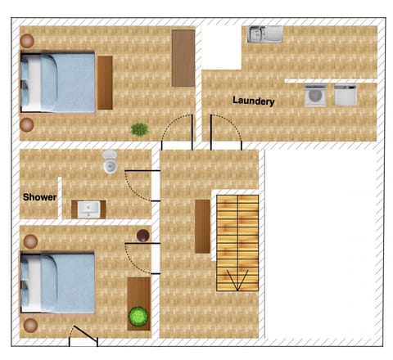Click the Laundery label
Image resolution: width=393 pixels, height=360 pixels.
254,101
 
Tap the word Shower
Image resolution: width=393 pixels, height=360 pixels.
40,197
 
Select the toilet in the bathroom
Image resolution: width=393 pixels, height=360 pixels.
110,162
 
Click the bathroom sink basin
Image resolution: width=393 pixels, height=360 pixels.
88,209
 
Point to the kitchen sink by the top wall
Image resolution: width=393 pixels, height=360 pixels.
264,34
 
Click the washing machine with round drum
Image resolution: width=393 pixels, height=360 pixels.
315,95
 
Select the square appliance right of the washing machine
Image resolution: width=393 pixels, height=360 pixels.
346,95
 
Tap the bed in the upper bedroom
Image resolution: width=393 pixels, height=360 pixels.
57,82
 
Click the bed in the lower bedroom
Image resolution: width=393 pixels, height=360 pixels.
57,282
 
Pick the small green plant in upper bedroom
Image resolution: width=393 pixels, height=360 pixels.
140,129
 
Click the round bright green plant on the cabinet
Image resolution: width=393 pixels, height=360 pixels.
138,317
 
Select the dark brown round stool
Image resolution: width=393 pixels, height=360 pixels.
143,236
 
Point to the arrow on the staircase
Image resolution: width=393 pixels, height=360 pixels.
237,280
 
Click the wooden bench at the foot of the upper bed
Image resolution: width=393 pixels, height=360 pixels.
105,83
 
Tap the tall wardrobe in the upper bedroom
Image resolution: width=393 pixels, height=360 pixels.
183,58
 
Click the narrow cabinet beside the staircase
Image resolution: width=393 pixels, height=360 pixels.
202,227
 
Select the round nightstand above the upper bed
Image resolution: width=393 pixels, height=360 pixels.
27,41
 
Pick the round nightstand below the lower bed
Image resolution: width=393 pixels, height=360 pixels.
30,325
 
